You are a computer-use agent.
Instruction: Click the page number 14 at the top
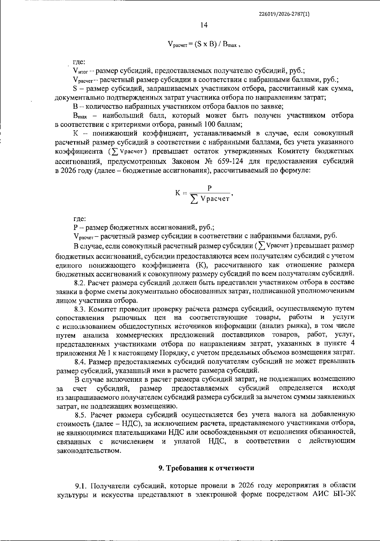204,25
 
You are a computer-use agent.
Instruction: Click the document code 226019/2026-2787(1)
284,14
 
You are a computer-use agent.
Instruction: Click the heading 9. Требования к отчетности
206,468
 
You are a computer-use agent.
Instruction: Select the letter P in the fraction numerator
209,188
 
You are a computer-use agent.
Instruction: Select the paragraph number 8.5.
81,414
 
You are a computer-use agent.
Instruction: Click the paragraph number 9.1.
81,486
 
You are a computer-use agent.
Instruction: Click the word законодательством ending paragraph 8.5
89,450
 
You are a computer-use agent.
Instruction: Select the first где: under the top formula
79,62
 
